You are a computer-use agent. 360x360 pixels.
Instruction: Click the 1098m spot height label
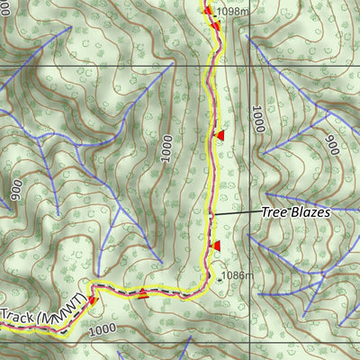[x=232, y=12]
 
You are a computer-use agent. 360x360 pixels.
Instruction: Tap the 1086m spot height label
[x=235, y=275]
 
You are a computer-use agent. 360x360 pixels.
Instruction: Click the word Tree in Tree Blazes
[x=275, y=212]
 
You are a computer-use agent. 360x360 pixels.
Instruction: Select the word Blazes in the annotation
[x=311, y=212]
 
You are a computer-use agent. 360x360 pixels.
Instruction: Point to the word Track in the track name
[x=18, y=317]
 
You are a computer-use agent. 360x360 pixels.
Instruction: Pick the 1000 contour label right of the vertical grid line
[x=258, y=119]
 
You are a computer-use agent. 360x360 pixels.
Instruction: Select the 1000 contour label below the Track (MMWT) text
[x=104, y=331]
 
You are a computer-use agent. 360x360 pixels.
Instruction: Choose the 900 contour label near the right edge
[x=331, y=144]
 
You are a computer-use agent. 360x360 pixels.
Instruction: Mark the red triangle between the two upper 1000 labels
[x=219, y=134]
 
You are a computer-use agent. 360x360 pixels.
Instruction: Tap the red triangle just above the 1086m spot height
[x=215, y=245]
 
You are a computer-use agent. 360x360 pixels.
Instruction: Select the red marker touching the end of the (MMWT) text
[x=92, y=301]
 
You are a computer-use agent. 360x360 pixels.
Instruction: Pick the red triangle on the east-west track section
[x=141, y=292]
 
